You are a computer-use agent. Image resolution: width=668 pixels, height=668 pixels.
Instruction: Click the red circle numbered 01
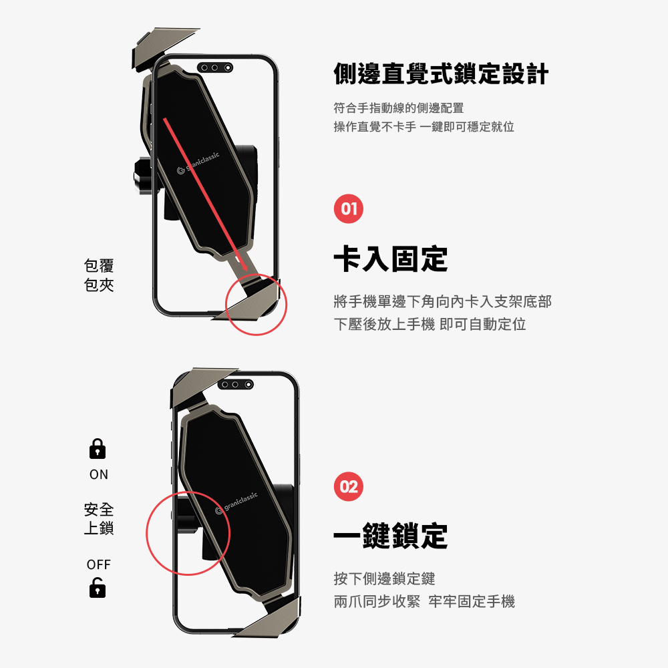click(349, 208)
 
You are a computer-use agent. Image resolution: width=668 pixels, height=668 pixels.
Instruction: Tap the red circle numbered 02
click(349, 486)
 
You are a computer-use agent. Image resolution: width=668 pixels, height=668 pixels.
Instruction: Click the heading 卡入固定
click(391, 259)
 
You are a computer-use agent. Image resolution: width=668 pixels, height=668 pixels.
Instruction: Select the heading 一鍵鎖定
click(391, 536)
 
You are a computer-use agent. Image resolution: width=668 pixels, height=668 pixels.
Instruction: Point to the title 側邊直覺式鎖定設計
click(441, 73)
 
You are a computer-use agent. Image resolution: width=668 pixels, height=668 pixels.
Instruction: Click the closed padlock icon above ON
click(98, 449)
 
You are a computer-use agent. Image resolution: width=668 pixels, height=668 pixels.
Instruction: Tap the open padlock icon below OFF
click(98, 587)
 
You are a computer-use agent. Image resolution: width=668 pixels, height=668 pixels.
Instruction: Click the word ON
click(99, 474)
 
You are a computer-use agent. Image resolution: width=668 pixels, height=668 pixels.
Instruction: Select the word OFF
click(98, 564)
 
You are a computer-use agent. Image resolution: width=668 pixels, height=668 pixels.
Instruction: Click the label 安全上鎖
click(99, 519)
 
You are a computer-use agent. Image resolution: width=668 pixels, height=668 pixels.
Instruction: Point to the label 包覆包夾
click(99, 275)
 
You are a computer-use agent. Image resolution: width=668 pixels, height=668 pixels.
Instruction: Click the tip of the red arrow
click(246, 271)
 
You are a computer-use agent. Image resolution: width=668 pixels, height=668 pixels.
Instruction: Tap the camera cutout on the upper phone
click(215, 67)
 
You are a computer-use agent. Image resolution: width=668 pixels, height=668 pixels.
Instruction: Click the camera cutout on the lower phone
click(236, 385)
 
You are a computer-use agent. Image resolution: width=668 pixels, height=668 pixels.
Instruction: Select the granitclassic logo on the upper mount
click(198, 163)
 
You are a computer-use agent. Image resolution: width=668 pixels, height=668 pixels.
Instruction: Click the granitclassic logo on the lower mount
click(237, 503)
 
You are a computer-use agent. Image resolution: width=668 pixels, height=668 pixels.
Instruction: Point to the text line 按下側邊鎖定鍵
click(384, 578)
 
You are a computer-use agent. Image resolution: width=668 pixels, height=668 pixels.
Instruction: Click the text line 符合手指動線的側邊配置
click(399, 108)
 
